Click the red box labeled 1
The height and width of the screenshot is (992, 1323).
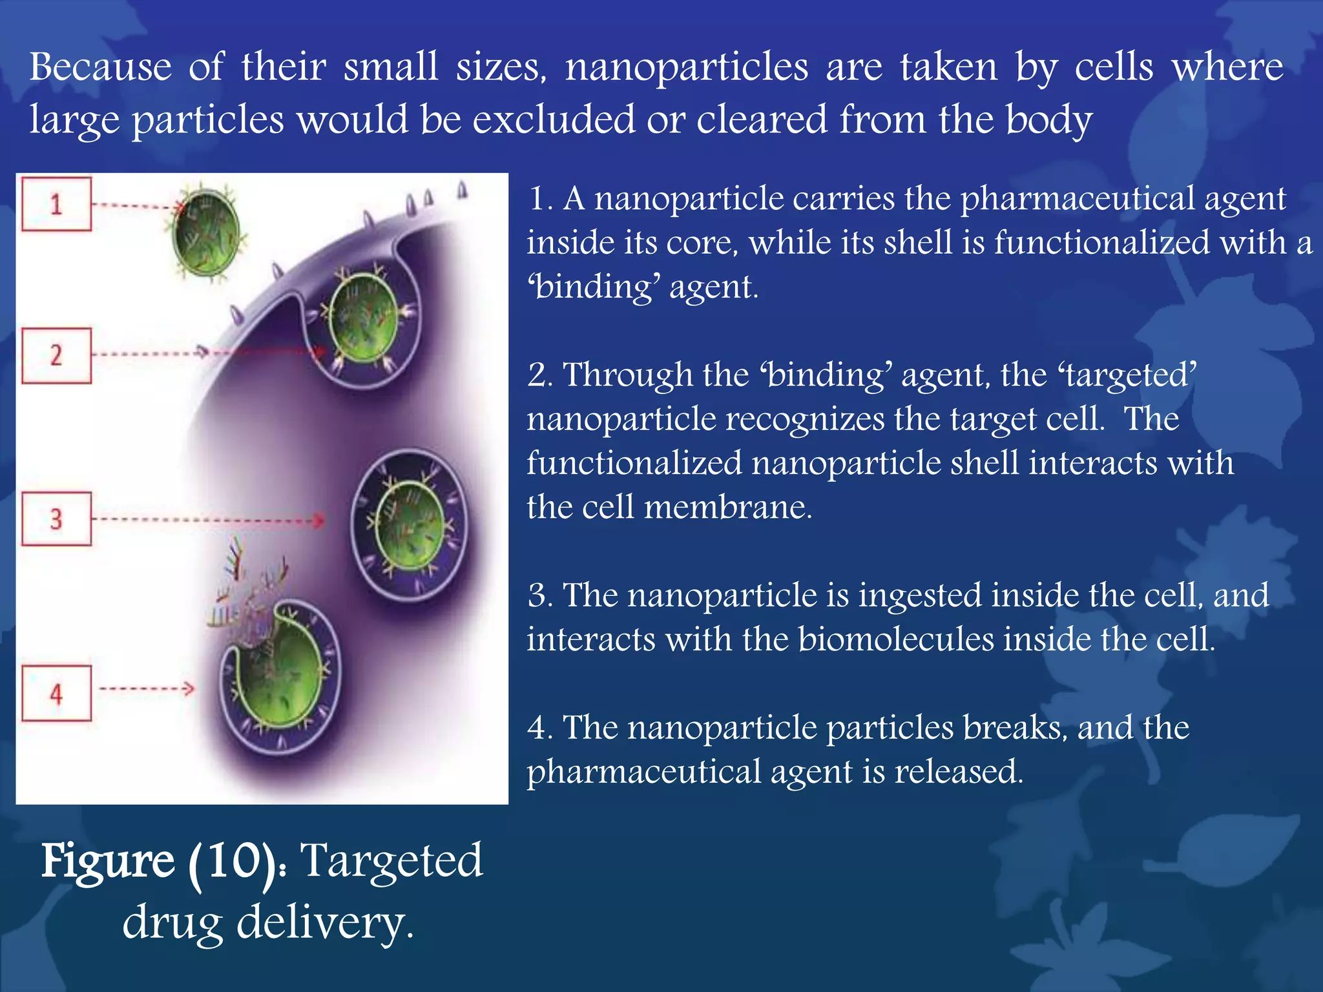click(x=56, y=204)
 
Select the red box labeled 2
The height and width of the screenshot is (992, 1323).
click(x=56, y=356)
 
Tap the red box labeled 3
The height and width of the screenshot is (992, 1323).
click(x=56, y=519)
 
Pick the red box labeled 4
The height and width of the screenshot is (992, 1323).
click(x=56, y=694)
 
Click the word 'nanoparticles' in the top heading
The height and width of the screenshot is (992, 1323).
click(x=687, y=68)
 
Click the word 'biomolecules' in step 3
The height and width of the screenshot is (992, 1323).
click(x=896, y=640)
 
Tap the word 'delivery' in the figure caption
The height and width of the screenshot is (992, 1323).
click(x=323, y=922)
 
